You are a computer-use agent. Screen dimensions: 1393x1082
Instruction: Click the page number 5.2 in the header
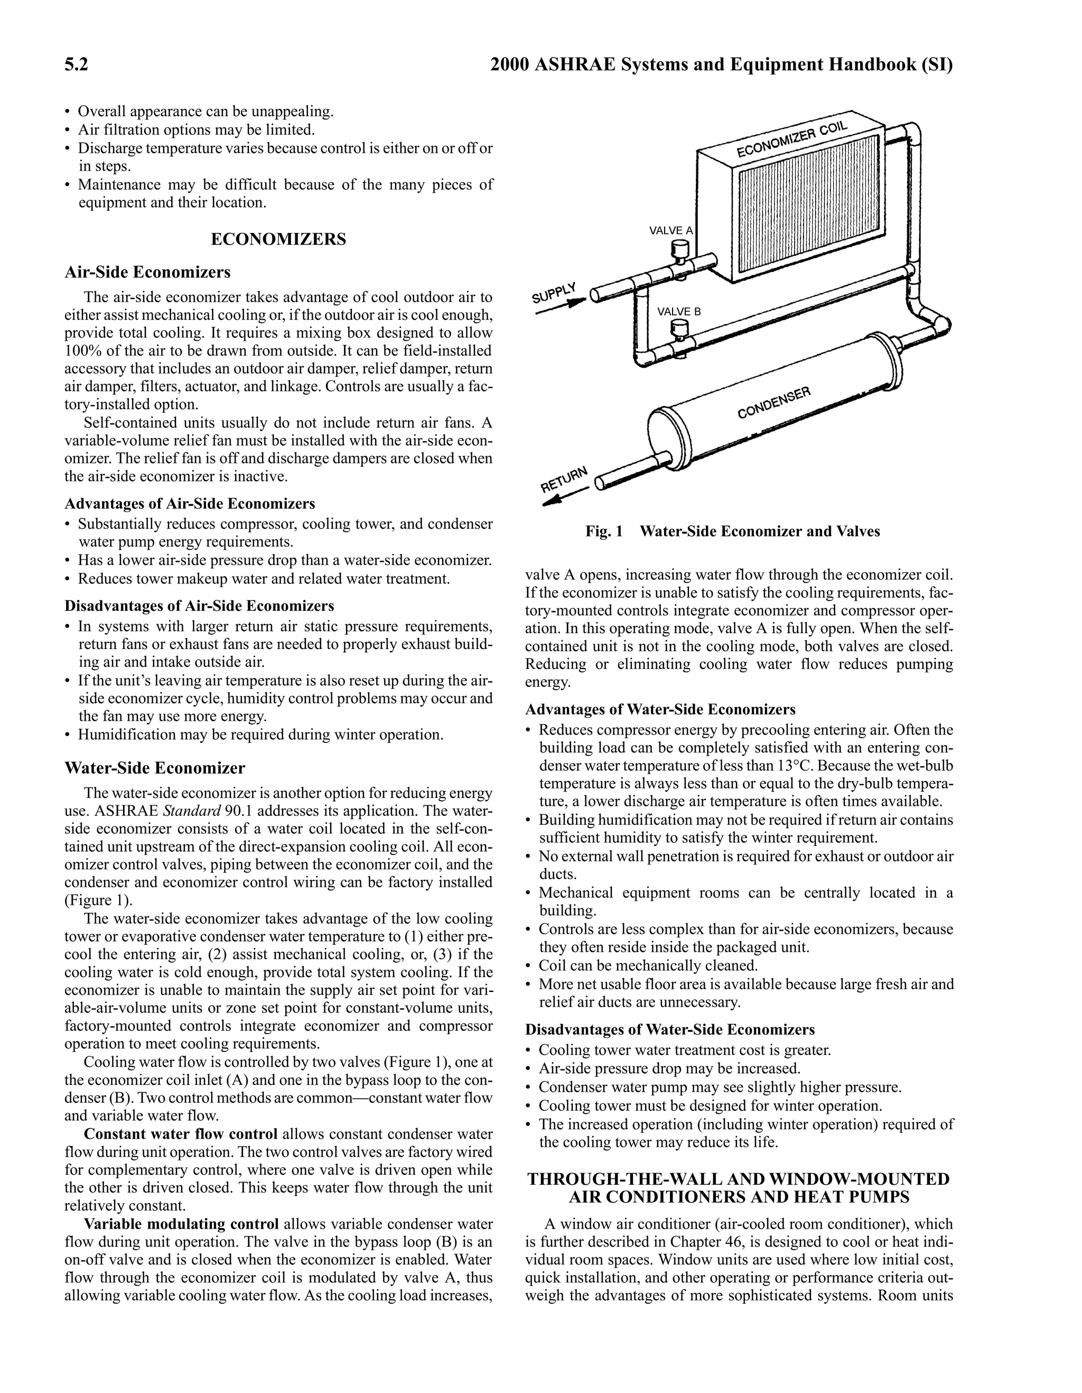coord(76,65)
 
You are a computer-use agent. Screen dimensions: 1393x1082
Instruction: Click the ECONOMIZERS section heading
coord(278,239)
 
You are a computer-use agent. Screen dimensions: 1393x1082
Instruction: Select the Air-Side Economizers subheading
coord(147,272)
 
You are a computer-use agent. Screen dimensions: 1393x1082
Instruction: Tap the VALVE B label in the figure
coord(678,311)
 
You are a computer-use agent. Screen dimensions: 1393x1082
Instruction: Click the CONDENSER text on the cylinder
coord(773,403)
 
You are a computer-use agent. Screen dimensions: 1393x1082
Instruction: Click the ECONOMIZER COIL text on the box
coord(791,139)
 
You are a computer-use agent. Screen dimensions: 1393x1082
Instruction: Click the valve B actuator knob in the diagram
coord(682,329)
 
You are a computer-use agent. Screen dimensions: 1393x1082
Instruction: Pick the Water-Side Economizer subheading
coord(154,768)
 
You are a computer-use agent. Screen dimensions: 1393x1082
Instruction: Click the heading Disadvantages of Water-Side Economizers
coord(669,1029)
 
